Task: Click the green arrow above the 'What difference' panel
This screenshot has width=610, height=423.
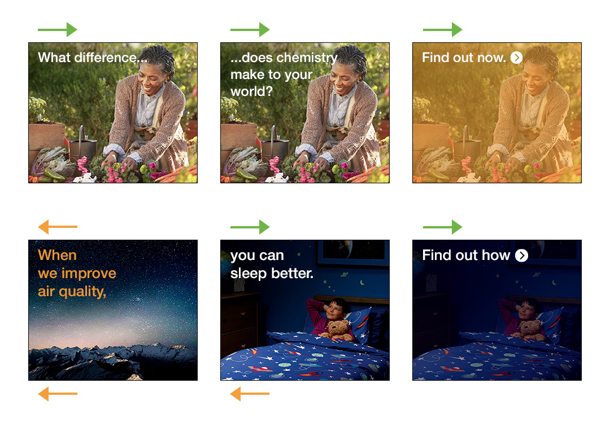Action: pos(58,29)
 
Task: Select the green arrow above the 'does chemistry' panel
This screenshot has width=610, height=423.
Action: pos(250,29)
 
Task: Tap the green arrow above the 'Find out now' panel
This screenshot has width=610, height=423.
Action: pos(442,29)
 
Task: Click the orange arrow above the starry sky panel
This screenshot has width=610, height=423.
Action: pos(58,227)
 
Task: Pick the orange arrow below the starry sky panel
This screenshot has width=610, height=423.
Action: pos(58,394)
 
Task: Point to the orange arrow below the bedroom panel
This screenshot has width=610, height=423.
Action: pos(250,394)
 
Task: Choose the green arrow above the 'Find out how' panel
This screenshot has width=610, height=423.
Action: pos(442,227)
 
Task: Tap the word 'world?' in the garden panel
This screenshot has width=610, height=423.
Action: pos(251,92)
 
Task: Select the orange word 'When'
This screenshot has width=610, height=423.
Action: pos(57,255)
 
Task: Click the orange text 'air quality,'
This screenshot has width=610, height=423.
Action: pos(72,292)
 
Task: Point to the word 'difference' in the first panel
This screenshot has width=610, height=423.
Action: pos(106,58)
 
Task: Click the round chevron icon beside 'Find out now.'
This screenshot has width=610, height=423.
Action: pos(516,58)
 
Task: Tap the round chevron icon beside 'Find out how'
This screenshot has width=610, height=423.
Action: pos(521,255)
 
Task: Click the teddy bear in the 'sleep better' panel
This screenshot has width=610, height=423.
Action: pos(338,329)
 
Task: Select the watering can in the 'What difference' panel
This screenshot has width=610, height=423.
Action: pos(82,145)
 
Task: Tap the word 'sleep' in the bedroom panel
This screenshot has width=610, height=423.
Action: pos(249,274)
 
